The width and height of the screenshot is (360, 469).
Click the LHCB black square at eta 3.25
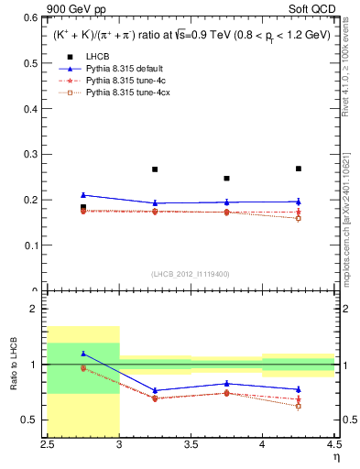tap(155, 169)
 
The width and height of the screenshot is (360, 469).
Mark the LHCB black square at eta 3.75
tap(226, 179)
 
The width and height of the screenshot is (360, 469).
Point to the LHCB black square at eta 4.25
tap(299, 169)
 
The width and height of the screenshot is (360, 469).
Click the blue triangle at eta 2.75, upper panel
tap(83, 194)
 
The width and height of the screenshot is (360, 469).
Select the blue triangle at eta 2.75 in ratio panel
tap(83, 353)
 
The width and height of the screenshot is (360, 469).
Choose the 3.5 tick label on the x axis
tap(191, 444)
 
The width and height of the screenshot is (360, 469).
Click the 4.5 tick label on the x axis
tap(333, 444)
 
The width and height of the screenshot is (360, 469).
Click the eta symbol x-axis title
tap(335, 457)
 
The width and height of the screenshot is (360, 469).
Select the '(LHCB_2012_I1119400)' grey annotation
tap(191, 273)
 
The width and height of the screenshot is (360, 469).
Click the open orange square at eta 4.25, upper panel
tap(299, 218)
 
